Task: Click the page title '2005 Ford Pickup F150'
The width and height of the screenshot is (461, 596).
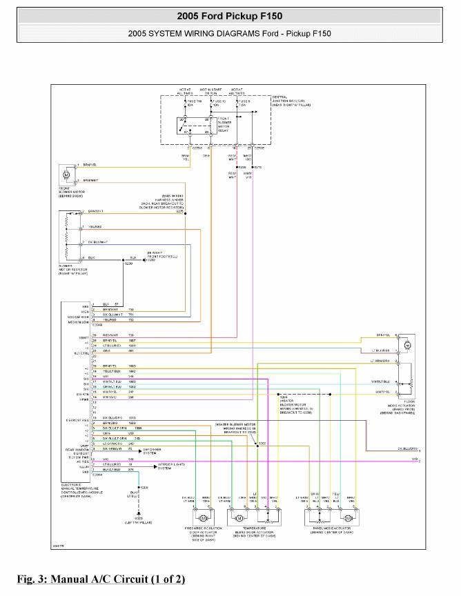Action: click(x=230, y=15)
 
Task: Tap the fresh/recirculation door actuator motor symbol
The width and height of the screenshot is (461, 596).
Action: click(x=204, y=517)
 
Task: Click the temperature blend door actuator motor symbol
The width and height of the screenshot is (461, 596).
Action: click(x=239, y=517)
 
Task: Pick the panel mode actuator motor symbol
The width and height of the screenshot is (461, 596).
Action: click(x=349, y=517)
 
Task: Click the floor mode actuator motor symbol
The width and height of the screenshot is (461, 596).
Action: click(x=406, y=344)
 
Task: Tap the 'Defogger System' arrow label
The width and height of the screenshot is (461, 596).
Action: click(x=153, y=450)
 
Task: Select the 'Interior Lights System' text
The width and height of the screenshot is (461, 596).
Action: click(x=169, y=466)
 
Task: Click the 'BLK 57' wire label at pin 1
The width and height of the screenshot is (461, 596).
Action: click(x=106, y=304)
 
